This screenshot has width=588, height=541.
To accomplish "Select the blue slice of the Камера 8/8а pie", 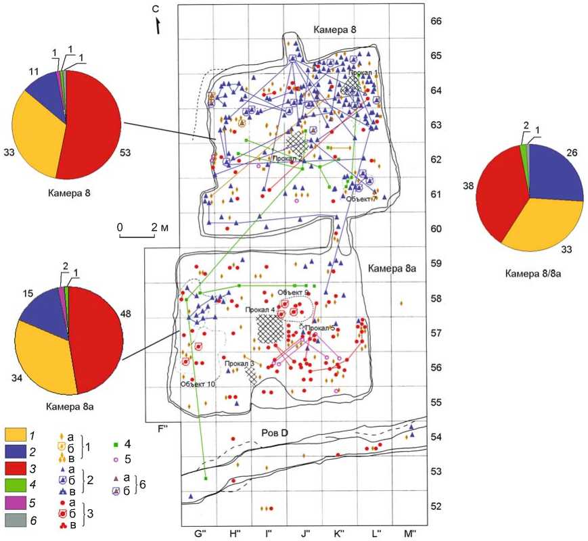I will tap(558, 175).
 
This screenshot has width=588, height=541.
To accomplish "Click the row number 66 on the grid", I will tap(436, 22).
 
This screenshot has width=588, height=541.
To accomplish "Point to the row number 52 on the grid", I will tap(436, 507).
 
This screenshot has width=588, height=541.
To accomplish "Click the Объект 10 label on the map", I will tap(198, 384).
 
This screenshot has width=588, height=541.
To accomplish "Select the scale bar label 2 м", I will tap(161, 227).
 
